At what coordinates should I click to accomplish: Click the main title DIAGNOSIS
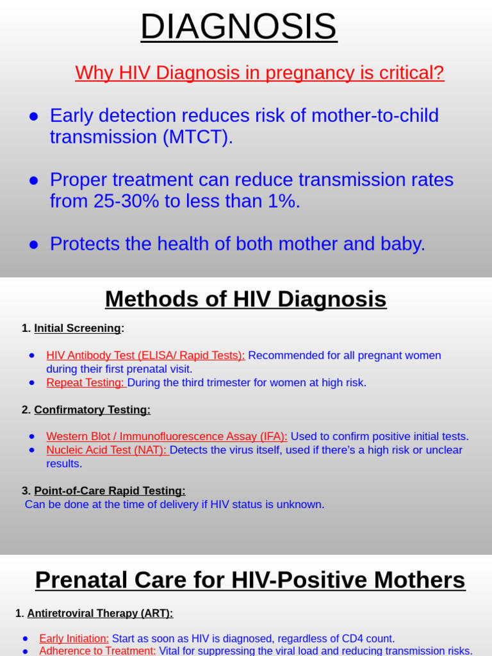[238, 27]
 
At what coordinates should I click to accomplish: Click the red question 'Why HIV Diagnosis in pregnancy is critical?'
[259, 73]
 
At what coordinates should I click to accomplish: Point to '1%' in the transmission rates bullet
[283, 201]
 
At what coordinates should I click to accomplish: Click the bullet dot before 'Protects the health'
[34, 244]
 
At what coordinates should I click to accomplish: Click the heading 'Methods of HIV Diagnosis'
[245, 299]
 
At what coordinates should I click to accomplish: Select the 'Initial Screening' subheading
[77, 329]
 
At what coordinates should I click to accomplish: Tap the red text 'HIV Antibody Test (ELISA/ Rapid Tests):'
[145, 356]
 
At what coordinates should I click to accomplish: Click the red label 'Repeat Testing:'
[86, 383]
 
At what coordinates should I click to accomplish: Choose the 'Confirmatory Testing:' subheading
[92, 410]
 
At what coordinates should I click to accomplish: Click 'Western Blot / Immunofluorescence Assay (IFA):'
[167, 437]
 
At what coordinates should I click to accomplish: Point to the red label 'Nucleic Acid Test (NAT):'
[106, 450]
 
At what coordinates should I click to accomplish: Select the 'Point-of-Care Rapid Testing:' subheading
[110, 491]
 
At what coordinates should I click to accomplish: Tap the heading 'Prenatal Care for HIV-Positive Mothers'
[250, 580]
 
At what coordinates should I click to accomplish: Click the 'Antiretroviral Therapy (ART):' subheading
[99, 614]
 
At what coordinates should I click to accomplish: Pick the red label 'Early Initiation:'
[74, 639]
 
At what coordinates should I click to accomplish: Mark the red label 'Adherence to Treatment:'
[97, 651]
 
